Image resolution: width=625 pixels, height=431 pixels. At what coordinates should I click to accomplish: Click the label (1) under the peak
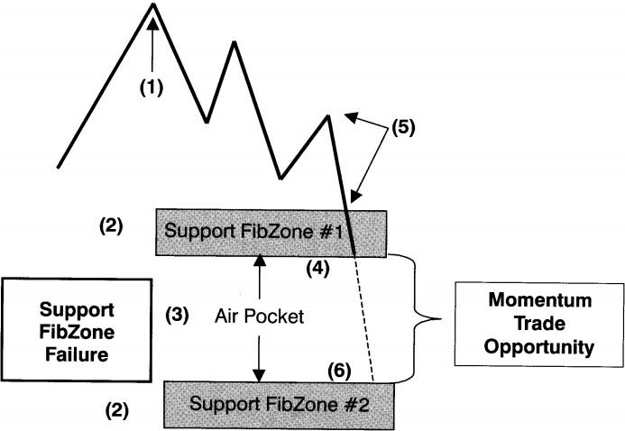click(x=153, y=88)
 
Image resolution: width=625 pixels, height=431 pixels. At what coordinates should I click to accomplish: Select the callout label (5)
click(x=402, y=127)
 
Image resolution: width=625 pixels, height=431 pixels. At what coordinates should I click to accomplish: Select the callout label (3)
click(x=177, y=316)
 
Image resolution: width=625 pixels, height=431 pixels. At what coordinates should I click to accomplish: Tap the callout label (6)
click(x=338, y=371)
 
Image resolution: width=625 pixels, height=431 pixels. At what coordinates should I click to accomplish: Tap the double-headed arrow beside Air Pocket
click(x=260, y=316)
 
